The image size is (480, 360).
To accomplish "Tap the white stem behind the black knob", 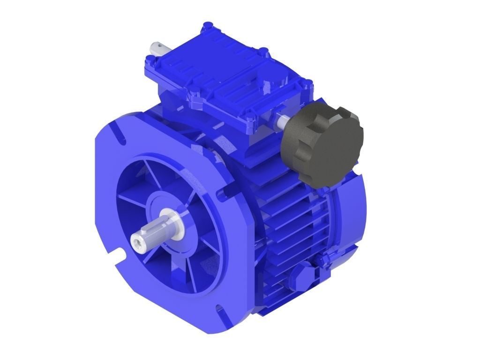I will [x=283, y=121].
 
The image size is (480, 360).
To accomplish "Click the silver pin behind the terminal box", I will [x=157, y=48].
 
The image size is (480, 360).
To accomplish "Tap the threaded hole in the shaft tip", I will [x=137, y=242].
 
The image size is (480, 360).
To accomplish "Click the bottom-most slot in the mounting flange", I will [x=219, y=309].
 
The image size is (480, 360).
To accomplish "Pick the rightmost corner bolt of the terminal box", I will [x=308, y=86].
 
